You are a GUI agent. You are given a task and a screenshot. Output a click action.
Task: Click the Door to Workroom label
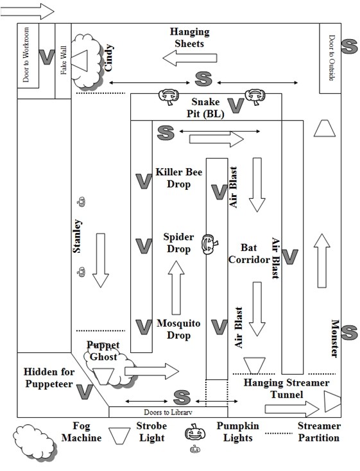click(26, 55)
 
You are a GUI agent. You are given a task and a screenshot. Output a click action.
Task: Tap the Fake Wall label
click(64, 60)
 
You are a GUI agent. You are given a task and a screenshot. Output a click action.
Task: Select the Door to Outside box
click(330, 58)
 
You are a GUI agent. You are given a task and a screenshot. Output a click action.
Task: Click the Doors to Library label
click(168, 412)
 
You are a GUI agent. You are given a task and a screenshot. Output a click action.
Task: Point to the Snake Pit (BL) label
click(206, 108)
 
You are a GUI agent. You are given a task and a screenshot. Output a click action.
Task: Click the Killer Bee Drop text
click(179, 178)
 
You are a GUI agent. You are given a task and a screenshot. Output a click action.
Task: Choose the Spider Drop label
click(178, 243)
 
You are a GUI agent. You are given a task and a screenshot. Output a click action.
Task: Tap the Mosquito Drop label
click(178, 329)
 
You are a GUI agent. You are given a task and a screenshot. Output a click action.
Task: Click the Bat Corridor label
click(249, 253)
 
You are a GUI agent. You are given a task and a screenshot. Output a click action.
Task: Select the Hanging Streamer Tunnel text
click(286, 388)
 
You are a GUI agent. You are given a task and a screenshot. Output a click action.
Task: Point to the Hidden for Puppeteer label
click(49, 377)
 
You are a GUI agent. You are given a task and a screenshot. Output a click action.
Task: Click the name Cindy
click(108, 58)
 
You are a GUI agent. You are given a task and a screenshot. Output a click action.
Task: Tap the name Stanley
click(77, 236)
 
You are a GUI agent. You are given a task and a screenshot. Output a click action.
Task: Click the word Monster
click(335, 338)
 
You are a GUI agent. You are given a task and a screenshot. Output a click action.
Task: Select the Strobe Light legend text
click(151, 432)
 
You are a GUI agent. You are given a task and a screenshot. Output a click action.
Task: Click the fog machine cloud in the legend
click(34, 442)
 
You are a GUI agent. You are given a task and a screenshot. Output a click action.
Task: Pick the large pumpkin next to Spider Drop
click(210, 244)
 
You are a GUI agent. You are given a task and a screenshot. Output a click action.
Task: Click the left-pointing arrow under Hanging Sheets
click(190, 58)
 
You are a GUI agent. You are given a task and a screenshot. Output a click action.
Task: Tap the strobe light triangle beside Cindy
click(80, 61)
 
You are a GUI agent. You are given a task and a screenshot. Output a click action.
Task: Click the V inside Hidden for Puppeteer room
click(85, 391)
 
